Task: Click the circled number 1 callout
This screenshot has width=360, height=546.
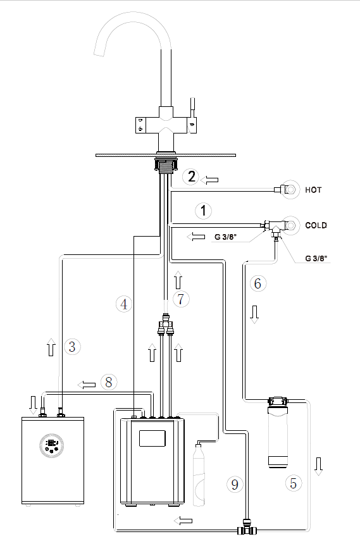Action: point(203,211)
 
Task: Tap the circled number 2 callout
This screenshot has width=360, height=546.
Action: point(191,177)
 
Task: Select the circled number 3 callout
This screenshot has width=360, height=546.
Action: point(72,347)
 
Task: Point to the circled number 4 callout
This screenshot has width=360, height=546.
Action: point(124,304)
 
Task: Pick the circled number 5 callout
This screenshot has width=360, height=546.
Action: point(293,483)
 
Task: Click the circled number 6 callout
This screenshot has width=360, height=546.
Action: point(258,283)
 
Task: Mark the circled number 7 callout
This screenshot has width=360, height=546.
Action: point(181,299)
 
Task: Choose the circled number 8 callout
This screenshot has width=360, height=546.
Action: point(109,382)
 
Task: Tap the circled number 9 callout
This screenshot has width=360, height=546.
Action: point(235,484)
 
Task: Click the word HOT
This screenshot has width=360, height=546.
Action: point(313,190)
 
